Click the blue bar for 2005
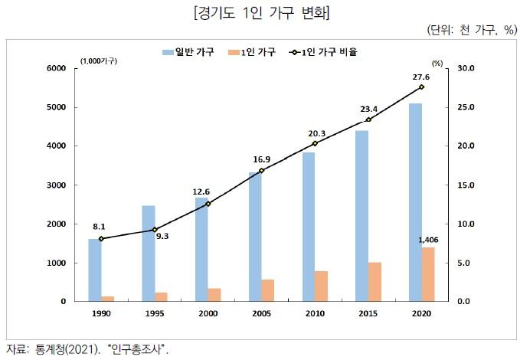(x=254, y=237)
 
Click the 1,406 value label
(x=427, y=240)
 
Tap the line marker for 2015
(x=368, y=119)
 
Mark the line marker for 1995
(x=155, y=230)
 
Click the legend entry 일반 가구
(x=188, y=53)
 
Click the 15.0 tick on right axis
(x=466, y=185)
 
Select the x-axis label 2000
(x=208, y=313)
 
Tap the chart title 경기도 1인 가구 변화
(x=260, y=13)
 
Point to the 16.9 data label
(x=262, y=159)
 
